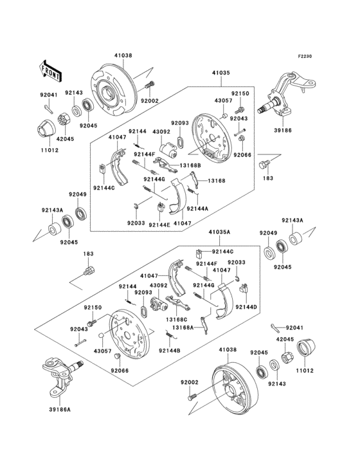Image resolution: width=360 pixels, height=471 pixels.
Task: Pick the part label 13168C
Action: [x=177, y=319]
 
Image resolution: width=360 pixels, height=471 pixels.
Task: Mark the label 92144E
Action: [x=159, y=225]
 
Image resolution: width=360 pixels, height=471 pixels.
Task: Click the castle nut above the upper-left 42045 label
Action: [x=64, y=120]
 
